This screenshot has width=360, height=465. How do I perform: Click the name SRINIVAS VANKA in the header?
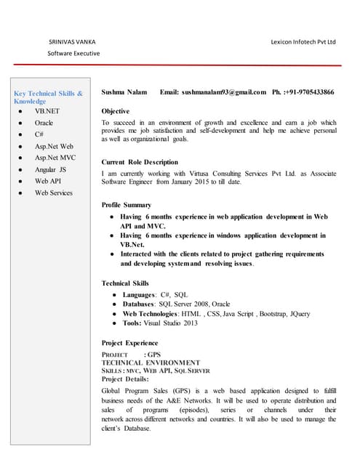71,42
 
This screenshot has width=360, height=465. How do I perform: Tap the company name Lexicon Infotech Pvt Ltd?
303,42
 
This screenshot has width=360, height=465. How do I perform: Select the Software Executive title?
73,54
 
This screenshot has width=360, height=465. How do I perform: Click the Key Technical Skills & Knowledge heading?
49,97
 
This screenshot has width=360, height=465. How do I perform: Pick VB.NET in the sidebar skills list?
47,112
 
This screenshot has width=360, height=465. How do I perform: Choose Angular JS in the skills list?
51,169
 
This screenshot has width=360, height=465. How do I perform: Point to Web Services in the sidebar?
54,193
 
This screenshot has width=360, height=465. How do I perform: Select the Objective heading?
116,111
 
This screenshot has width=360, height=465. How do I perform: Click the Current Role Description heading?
140,162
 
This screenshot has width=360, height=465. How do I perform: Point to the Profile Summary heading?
127,205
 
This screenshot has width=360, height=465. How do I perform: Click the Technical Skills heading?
125,283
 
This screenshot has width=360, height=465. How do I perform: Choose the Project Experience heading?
129,343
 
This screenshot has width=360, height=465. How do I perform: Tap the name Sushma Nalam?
124,93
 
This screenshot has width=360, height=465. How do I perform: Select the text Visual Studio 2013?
170,323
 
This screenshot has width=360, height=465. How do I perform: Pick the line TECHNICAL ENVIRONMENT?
151,362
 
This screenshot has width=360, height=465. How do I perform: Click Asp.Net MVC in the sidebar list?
55,158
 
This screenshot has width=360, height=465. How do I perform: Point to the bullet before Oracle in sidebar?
22,124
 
